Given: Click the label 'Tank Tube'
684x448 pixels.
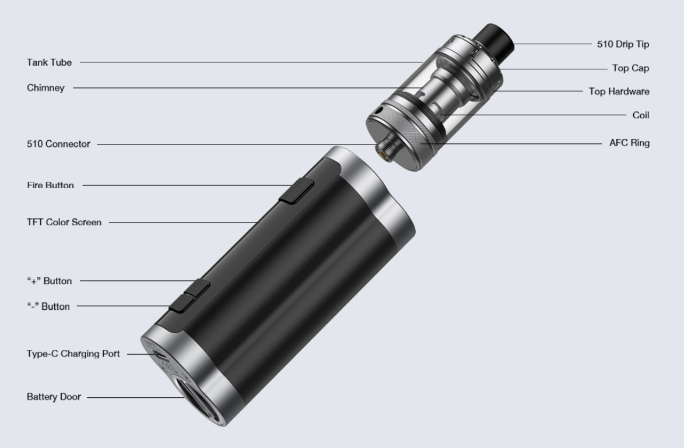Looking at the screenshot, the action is coord(50,62).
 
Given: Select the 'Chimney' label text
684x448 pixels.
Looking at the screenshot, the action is coord(45,87).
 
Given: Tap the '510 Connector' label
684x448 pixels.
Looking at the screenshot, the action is coord(58,144).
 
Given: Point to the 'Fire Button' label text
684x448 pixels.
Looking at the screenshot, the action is coord(50,185).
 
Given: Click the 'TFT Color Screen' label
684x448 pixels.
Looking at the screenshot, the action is coord(64,223).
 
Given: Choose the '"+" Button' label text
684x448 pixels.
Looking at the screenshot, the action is coord(50,281).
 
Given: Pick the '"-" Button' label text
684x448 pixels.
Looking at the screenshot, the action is coord(48,306).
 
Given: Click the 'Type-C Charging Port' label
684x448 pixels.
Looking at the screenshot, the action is coord(73,354).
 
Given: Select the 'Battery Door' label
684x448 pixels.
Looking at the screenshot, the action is coord(54,397).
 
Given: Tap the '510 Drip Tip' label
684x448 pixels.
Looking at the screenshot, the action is coord(623,44).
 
